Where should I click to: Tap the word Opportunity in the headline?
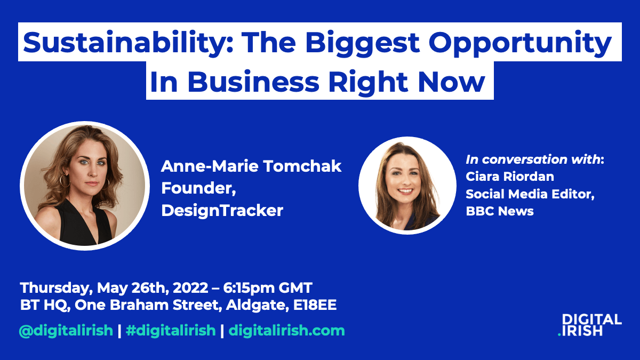(519, 44)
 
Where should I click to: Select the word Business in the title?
(253, 82)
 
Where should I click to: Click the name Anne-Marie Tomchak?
(251, 166)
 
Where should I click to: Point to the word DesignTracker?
(222, 210)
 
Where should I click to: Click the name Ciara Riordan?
(510, 177)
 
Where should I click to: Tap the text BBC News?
(500, 211)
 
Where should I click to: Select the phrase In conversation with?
(533, 159)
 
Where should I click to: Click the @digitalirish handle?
(66, 331)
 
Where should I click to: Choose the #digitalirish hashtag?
(171, 331)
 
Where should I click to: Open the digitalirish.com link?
(286, 331)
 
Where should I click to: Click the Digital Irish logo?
(590, 325)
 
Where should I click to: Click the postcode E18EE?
(315, 305)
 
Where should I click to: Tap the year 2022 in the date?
(190, 287)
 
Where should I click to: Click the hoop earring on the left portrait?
(65, 181)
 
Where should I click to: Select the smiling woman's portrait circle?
(407, 186)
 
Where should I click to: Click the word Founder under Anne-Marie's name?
(198, 188)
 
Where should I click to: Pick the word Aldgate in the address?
(255, 306)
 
